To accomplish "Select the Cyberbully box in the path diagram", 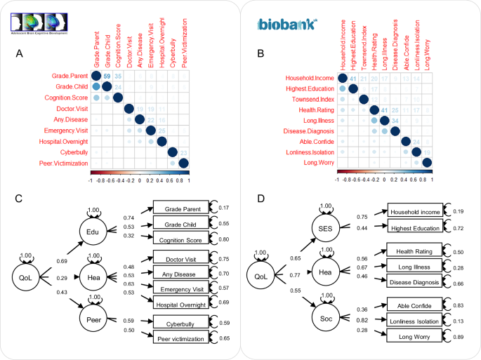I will point(179,324).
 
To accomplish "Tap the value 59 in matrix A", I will point(107,76).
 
